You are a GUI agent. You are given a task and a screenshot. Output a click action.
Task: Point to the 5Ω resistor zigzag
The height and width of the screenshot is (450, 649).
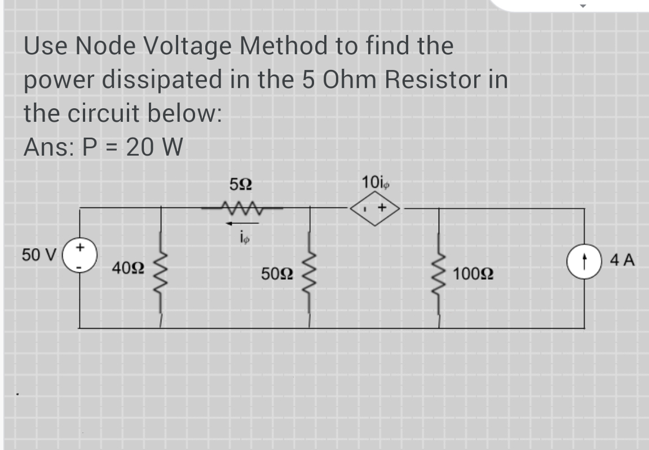241,209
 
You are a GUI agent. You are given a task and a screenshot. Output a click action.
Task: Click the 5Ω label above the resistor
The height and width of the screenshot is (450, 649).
241,184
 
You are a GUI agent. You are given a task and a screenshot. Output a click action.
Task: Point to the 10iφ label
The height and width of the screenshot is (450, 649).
374,183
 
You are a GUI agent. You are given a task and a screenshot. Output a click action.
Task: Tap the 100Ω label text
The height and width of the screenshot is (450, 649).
473,275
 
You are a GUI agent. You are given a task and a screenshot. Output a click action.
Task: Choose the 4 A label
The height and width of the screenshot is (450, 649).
622,261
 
